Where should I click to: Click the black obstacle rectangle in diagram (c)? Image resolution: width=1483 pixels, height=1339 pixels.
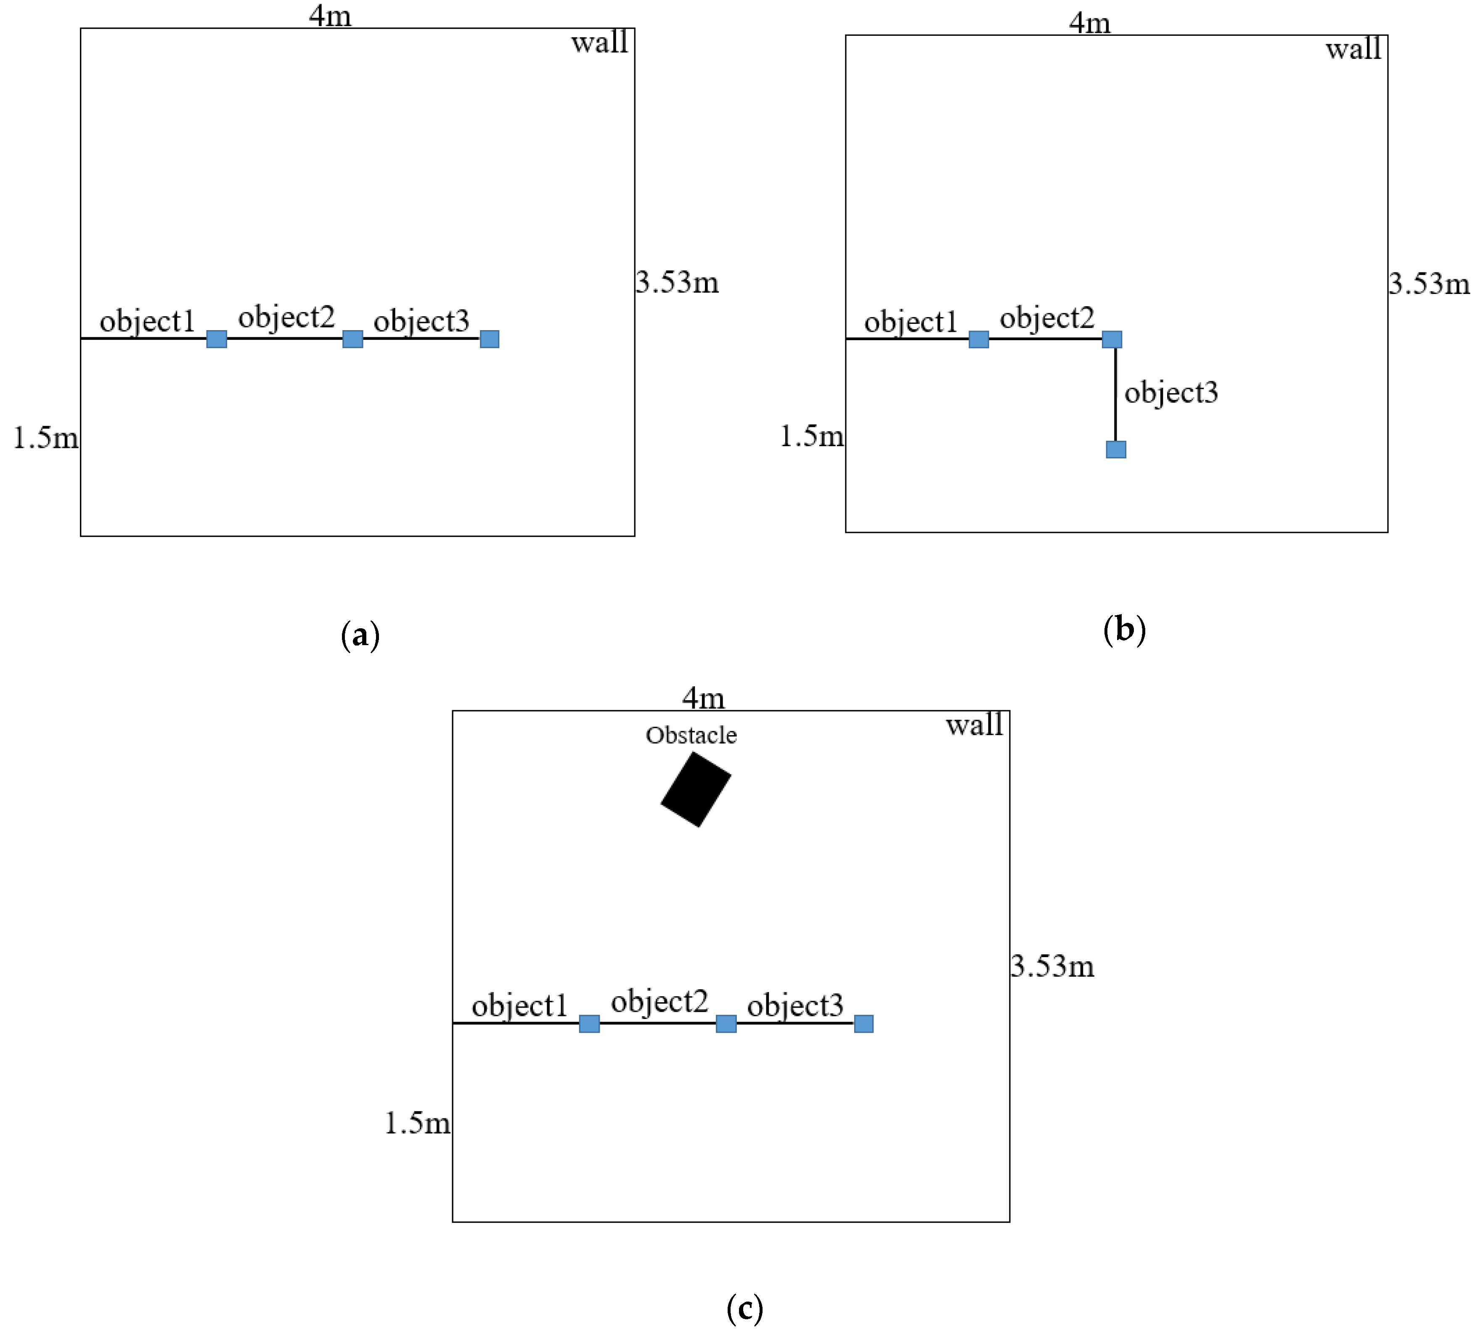tap(695, 789)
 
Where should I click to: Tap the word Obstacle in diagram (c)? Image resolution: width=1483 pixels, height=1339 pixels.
tap(691, 735)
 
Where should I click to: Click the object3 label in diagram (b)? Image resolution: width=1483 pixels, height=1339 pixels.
tap(1171, 392)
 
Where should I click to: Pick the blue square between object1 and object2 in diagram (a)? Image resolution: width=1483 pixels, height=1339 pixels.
tap(216, 339)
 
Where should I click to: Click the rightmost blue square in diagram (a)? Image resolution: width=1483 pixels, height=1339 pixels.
tap(489, 339)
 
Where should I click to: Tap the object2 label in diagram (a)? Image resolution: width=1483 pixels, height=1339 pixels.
tap(286, 317)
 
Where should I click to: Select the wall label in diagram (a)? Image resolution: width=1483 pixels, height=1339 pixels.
tap(599, 42)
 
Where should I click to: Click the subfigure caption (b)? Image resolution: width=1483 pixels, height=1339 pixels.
tap(1124, 630)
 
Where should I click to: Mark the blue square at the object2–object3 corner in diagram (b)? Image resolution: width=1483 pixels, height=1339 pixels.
tap(1112, 339)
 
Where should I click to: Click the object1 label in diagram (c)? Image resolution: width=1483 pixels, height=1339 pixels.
tap(519, 1006)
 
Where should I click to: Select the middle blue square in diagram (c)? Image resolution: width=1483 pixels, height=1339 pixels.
tap(726, 1023)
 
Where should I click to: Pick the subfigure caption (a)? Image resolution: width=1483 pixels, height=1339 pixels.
tap(360, 635)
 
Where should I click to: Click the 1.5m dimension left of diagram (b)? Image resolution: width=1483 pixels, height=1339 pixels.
tap(811, 436)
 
